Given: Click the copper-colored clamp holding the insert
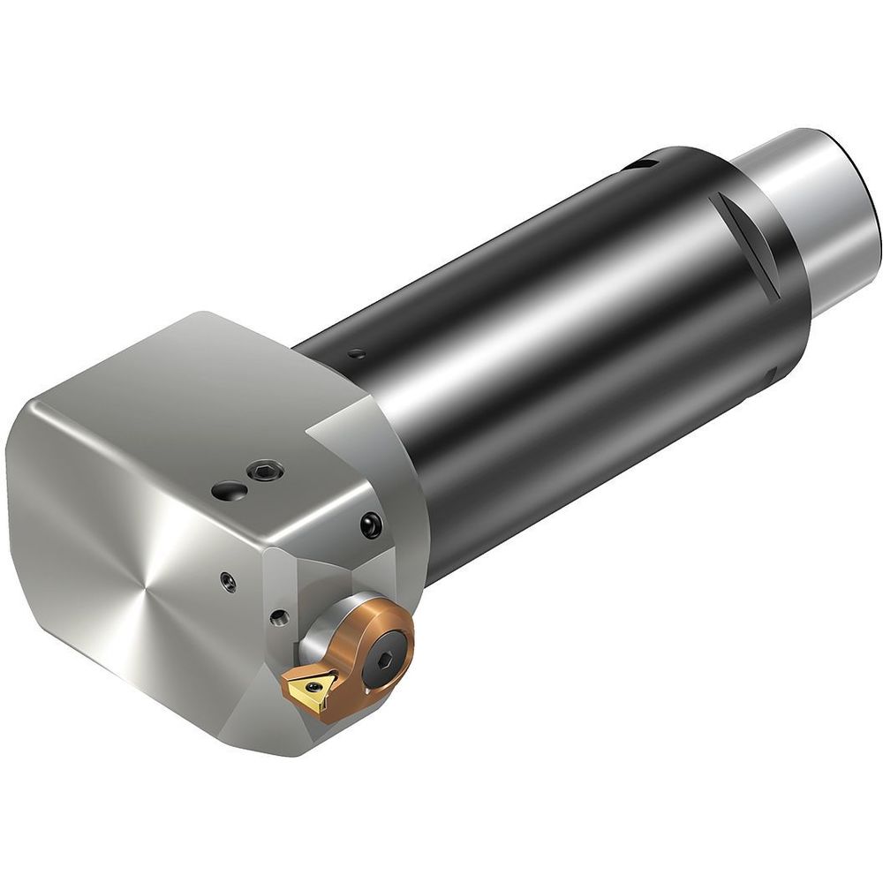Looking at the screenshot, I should pos(371,653).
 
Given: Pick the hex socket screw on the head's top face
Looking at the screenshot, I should pos(263,473).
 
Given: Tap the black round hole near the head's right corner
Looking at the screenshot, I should pos(371,525).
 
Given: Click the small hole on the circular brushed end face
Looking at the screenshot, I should pos(229,581).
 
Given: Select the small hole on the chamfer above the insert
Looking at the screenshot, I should pos(280,616).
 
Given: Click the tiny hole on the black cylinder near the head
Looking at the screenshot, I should pos(356,354).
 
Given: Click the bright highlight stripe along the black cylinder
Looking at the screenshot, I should pos(565,291).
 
